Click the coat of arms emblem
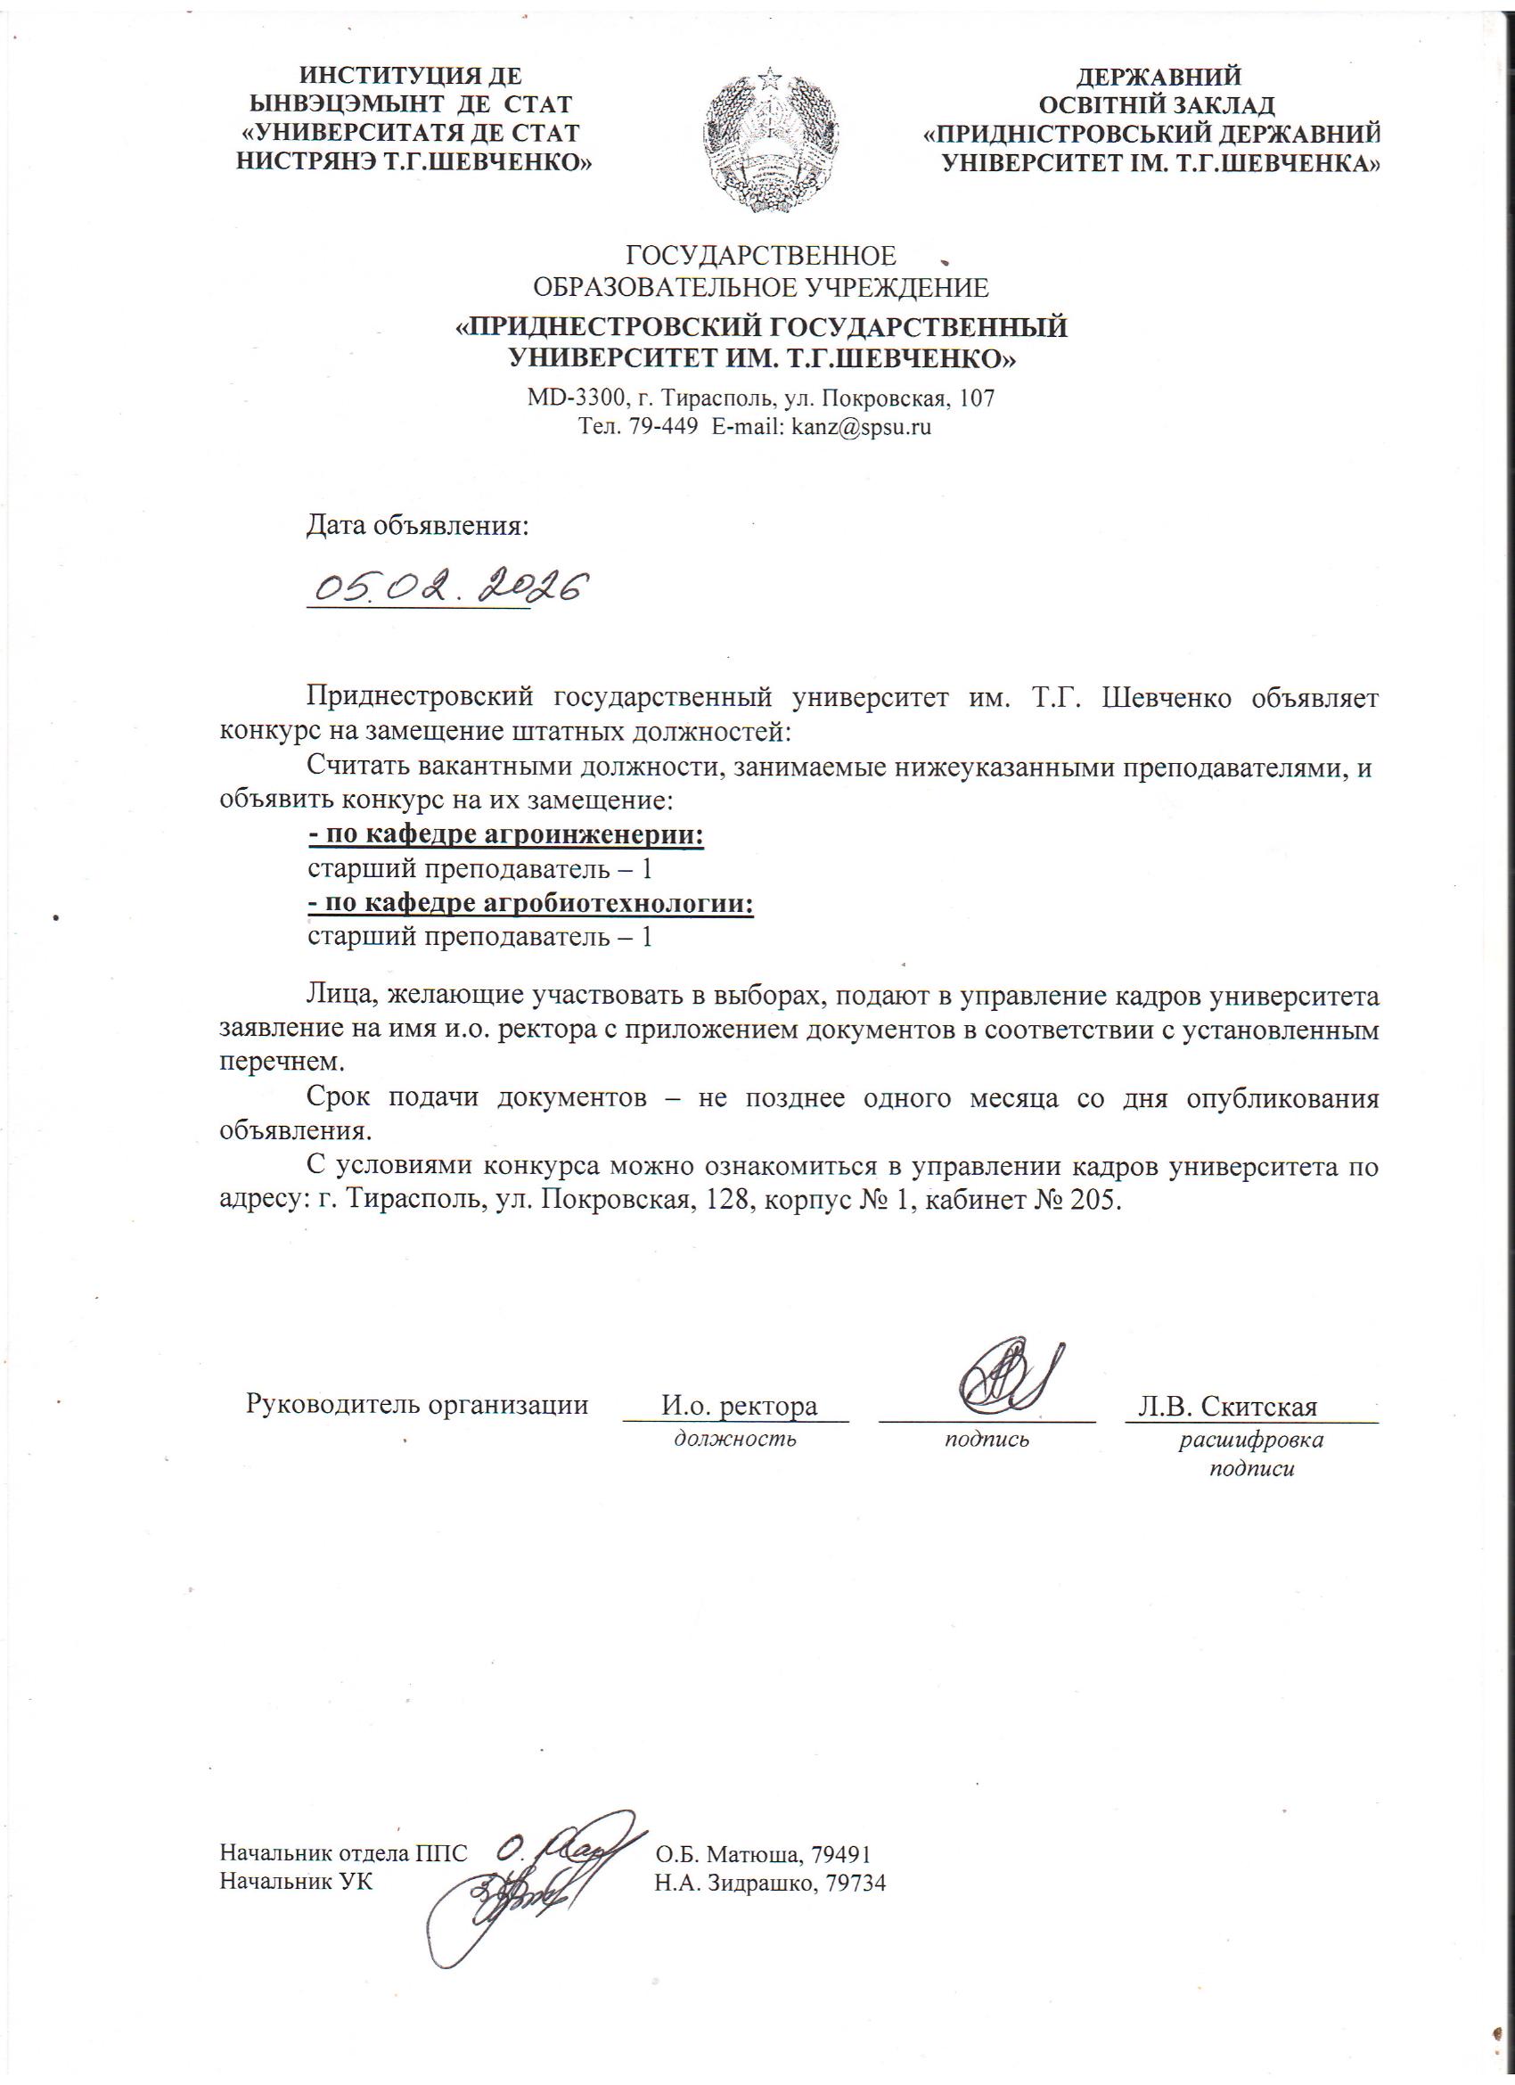[769, 141]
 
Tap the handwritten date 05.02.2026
[446, 587]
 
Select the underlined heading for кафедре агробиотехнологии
[530, 904]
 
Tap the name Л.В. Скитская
[1227, 1407]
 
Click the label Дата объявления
[417, 526]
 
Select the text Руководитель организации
[416, 1405]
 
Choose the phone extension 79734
[856, 1883]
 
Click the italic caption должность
[734, 1439]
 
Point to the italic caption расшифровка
[1251, 1439]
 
